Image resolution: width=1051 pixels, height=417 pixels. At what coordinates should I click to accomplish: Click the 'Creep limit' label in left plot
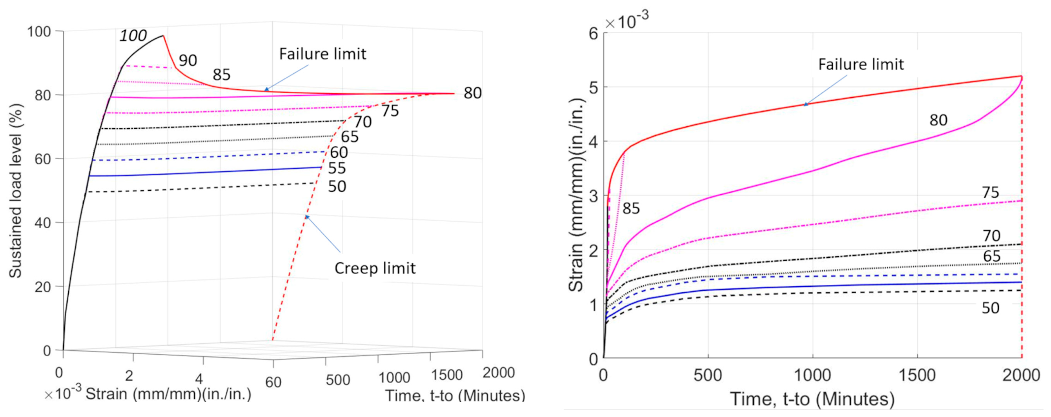375,269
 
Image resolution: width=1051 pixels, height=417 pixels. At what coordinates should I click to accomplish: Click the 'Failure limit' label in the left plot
322,54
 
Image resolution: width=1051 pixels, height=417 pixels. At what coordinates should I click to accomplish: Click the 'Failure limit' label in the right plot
861,64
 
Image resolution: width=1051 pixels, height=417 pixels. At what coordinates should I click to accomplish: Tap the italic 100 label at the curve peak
133,36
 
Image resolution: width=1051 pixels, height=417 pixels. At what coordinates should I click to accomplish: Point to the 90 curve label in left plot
188,60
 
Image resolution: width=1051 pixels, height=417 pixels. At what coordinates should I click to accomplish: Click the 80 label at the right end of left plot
473,93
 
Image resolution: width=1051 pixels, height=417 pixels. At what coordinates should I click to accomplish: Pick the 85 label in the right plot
631,208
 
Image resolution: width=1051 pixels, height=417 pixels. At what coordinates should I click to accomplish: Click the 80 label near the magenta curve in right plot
938,120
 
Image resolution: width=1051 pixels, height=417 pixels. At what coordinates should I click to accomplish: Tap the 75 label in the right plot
991,192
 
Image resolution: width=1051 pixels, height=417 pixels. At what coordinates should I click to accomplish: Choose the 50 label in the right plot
991,308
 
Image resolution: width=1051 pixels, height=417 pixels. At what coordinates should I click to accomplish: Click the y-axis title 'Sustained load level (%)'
16,191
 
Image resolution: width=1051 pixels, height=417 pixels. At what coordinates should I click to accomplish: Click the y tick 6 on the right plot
593,33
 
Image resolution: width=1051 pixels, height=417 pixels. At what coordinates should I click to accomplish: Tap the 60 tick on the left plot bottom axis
273,382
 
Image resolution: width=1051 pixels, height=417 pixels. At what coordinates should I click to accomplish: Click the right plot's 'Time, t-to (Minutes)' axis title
812,399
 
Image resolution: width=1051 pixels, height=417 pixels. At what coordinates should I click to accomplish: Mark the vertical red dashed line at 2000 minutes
1022,245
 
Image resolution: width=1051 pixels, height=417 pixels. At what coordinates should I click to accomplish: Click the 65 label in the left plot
350,137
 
